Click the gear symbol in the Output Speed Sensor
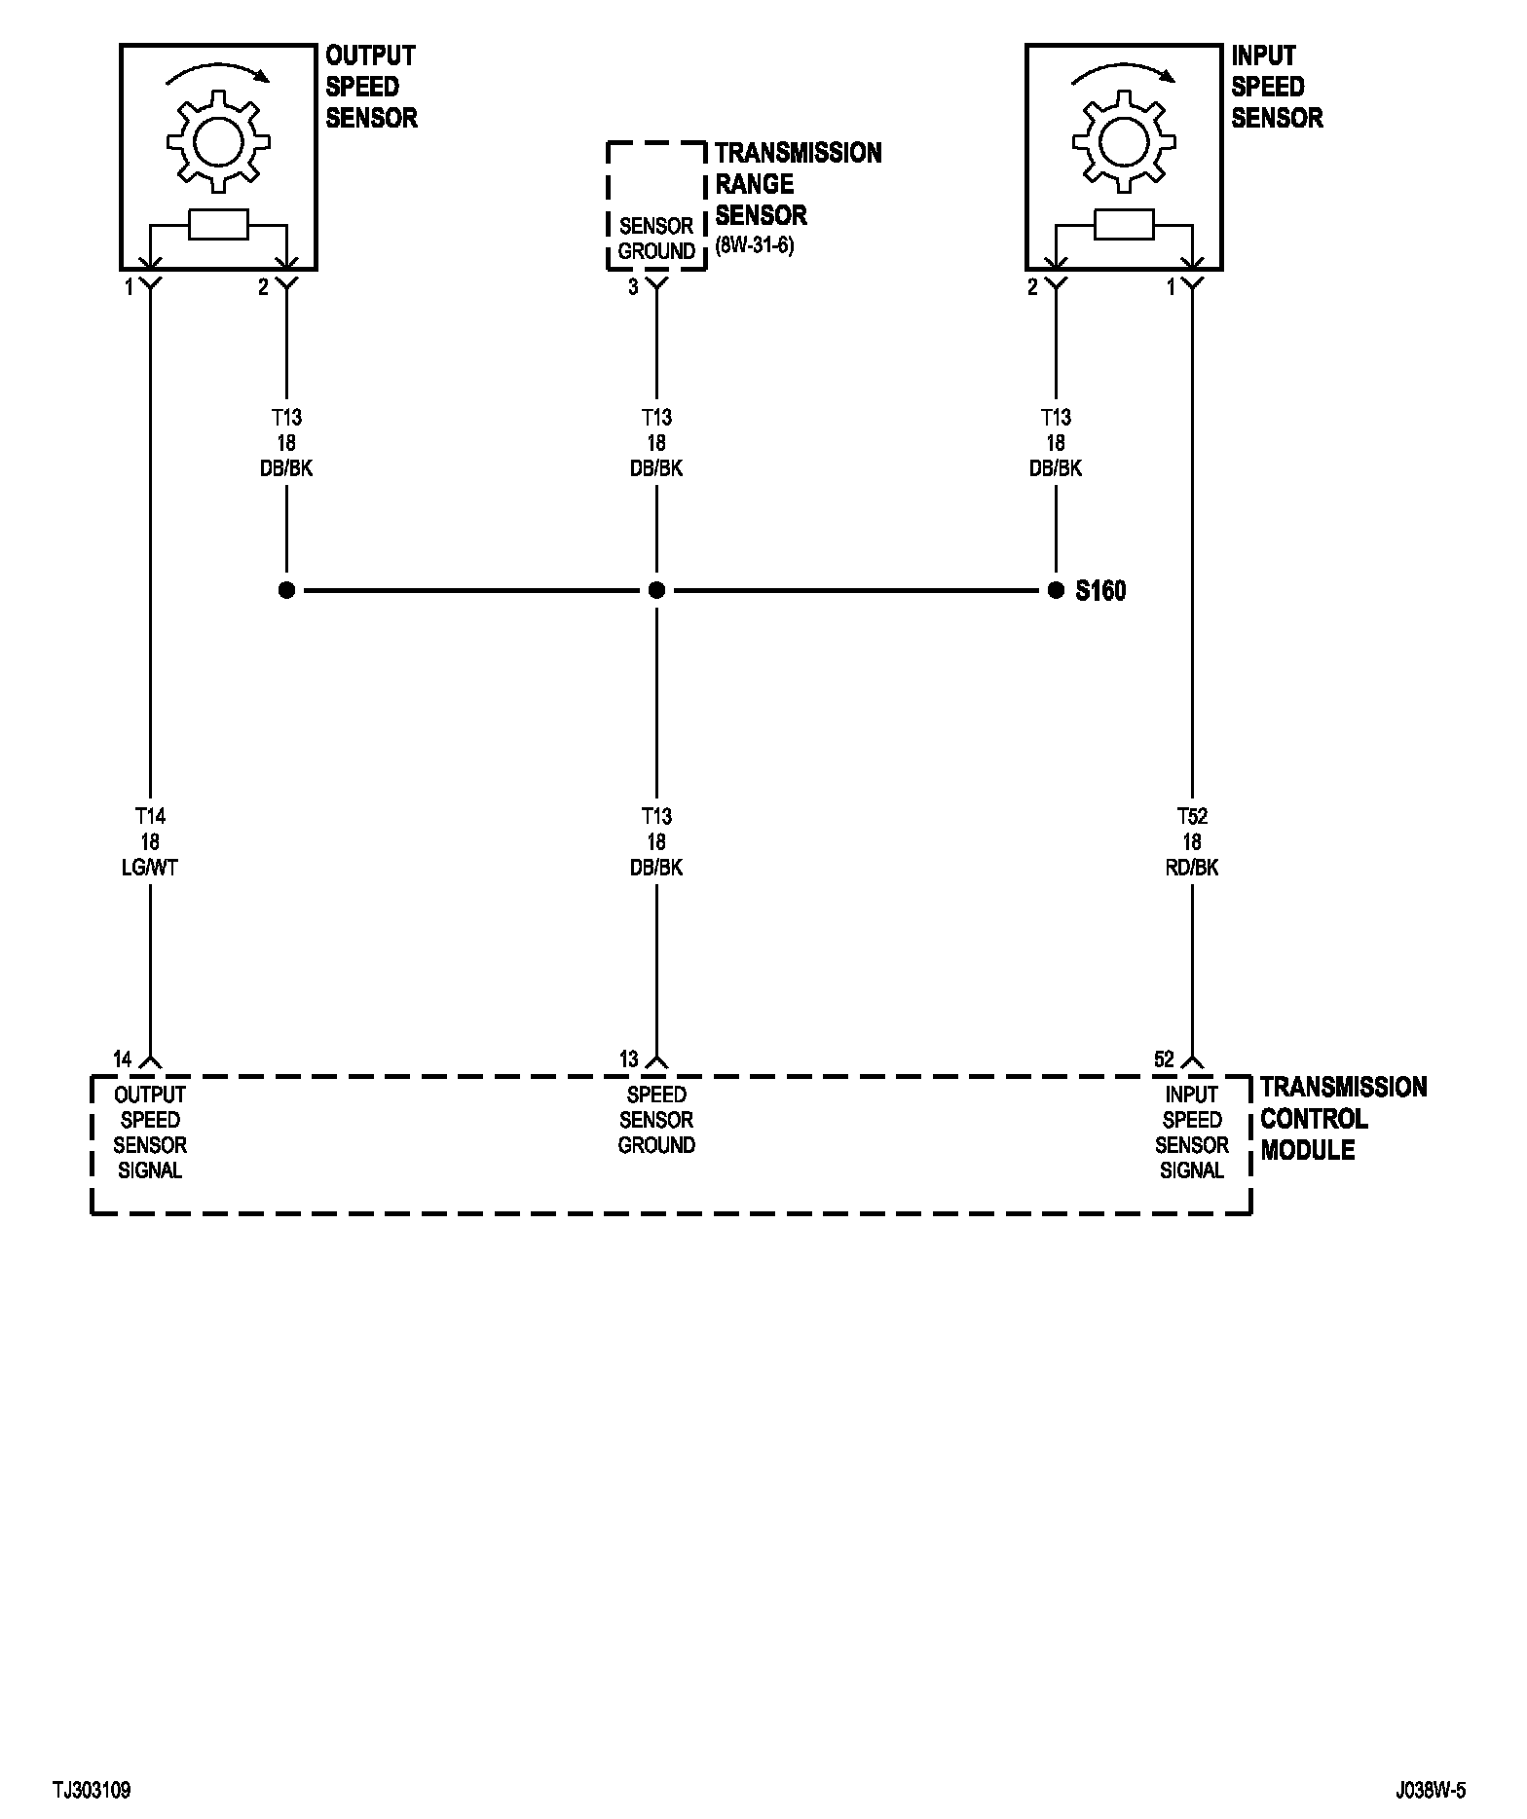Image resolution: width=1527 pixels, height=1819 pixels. tap(218, 142)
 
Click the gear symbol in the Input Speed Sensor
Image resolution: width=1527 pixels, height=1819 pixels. tap(1124, 142)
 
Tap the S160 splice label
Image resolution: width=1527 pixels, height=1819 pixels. tap(1100, 591)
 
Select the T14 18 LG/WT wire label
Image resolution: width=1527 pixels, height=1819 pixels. tap(150, 841)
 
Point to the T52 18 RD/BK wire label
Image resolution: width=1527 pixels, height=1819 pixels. tap(1192, 841)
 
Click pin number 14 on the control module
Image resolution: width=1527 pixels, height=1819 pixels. tap(123, 1059)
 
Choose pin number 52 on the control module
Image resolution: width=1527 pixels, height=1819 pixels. tap(1164, 1059)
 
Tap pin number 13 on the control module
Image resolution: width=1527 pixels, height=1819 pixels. tap(629, 1059)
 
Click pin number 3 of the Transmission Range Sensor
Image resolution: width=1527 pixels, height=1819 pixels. tap(633, 287)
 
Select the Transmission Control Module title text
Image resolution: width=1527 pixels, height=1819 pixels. tap(1343, 1118)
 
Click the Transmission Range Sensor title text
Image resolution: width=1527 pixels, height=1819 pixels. tap(798, 184)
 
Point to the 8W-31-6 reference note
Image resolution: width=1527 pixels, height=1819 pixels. tap(754, 245)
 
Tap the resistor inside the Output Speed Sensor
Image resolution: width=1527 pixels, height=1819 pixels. tap(218, 225)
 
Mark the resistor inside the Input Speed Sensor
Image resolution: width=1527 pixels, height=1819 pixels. tap(1124, 225)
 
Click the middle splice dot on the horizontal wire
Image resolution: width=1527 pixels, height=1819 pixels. tap(656, 590)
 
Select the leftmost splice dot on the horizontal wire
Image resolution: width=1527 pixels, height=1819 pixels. tap(286, 590)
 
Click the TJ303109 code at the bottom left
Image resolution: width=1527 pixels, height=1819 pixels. tap(92, 1790)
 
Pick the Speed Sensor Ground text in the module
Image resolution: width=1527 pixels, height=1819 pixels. tap(656, 1120)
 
